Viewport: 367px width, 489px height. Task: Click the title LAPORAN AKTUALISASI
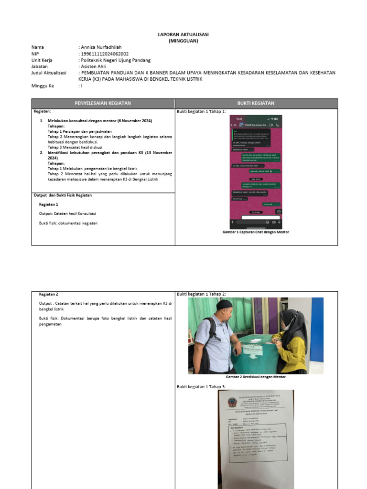click(183, 35)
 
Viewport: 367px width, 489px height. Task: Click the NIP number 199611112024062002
click(105, 54)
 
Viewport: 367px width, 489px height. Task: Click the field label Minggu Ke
click(43, 86)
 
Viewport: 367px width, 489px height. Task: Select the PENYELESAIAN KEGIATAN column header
click(103, 103)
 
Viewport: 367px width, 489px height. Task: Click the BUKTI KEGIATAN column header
click(256, 103)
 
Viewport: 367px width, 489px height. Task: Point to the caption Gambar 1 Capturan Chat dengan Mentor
click(256, 232)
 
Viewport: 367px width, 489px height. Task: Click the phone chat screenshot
click(256, 170)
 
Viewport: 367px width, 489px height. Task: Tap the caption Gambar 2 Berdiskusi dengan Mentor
click(256, 377)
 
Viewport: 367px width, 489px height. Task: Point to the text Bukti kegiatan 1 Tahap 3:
click(201, 386)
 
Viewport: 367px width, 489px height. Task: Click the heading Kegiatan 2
click(49, 294)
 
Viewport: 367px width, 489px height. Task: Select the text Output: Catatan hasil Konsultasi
click(67, 213)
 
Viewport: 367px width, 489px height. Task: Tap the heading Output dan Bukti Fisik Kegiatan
click(63, 195)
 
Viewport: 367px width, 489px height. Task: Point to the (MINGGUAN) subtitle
click(183, 41)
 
